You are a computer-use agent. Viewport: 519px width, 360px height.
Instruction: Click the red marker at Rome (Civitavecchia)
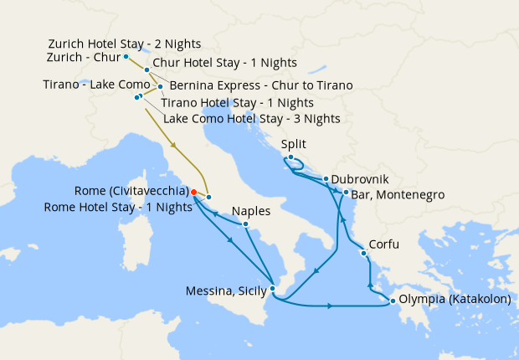(x=193, y=192)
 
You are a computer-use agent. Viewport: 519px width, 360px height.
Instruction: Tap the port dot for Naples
(x=245, y=224)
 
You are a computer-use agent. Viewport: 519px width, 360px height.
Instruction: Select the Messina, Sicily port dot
(x=273, y=290)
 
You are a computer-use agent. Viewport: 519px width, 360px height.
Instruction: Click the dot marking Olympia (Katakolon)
(x=393, y=301)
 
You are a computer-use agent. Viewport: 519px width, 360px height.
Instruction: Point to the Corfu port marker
(x=363, y=254)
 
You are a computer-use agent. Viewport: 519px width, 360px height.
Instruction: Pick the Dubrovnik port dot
(x=325, y=179)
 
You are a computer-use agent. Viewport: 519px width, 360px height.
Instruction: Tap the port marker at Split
(x=290, y=158)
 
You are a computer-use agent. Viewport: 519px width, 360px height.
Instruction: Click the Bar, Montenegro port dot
(x=346, y=193)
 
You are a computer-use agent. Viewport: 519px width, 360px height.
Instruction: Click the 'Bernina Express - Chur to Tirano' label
(x=260, y=85)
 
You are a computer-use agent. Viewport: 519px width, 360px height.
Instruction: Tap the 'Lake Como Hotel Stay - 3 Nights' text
(x=251, y=119)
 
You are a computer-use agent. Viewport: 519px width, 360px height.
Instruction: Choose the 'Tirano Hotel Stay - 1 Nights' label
(x=237, y=102)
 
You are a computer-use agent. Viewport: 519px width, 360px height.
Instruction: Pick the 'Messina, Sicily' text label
(x=225, y=291)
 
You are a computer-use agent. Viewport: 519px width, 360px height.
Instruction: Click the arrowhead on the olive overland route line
(x=175, y=146)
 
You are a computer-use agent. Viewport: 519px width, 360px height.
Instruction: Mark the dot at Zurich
(x=126, y=57)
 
